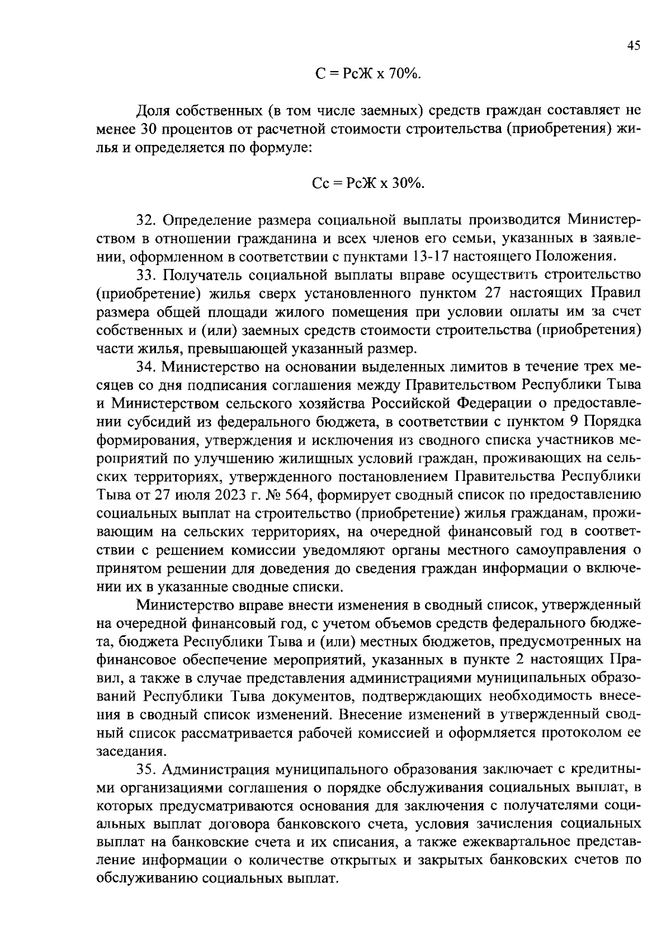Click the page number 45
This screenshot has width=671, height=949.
coord(633,47)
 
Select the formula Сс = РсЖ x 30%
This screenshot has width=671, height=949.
coord(368,183)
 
